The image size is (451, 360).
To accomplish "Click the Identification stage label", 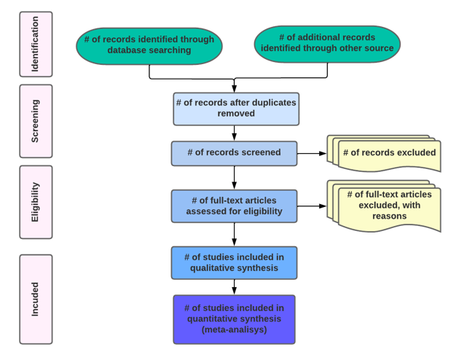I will [x=36, y=44].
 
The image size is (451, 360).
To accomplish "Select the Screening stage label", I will [x=36, y=121].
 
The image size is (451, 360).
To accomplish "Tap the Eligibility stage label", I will [x=36, y=202].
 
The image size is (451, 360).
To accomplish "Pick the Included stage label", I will [x=36, y=299].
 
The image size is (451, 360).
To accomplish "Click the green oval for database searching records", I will [x=149, y=45].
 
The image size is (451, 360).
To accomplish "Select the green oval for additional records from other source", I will [x=327, y=43].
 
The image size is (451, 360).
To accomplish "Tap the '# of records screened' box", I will [x=234, y=153].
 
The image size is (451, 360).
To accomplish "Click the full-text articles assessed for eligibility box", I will [x=234, y=206].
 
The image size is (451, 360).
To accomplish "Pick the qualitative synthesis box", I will [x=234, y=262].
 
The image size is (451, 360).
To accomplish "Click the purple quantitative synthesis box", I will [x=234, y=318].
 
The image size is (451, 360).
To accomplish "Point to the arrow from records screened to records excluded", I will [x=311, y=154].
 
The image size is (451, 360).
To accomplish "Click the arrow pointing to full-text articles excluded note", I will [x=311, y=206].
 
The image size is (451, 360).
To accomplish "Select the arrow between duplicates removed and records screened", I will [x=234, y=133].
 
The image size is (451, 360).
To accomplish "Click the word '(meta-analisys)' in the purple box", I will [x=234, y=329].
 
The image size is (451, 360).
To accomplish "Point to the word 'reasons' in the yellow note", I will [x=389, y=216].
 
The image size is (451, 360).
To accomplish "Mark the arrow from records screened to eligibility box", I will [x=234, y=177].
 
